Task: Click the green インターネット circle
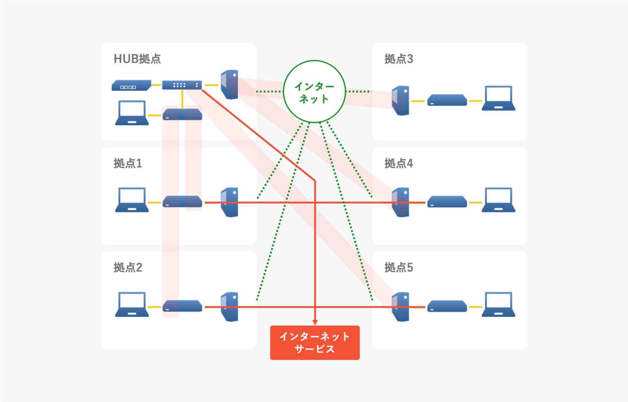(314, 92)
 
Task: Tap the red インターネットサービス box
(315, 343)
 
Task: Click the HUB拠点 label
(137, 59)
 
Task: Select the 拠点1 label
(128, 163)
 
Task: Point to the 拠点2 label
(128, 267)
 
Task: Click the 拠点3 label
(398, 59)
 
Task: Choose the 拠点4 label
(398, 163)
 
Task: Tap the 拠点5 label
(398, 267)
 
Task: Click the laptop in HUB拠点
(132, 113)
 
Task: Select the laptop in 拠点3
(498, 98)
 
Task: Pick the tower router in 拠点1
(229, 202)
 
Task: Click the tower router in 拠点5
(400, 307)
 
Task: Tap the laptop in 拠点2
(132, 304)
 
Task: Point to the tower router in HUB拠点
(229, 84)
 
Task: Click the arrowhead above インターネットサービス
(315, 323)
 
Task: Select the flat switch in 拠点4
(447, 202)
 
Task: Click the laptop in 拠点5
(498, 304)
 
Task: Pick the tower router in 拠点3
(400, 100)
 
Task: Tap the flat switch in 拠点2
(182, 306)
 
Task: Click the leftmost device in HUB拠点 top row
(131, 85)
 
